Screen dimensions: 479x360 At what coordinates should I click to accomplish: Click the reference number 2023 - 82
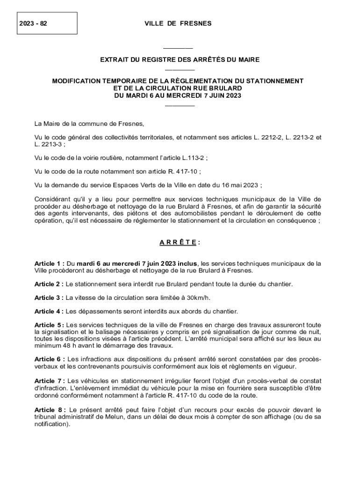click(x=34, y=23)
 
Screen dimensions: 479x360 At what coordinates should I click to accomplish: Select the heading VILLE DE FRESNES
click(x=178, y=23)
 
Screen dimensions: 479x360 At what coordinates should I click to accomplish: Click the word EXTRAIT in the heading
click(x=116, y=60)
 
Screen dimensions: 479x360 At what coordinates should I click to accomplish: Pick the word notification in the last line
click(x=51, y=424)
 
